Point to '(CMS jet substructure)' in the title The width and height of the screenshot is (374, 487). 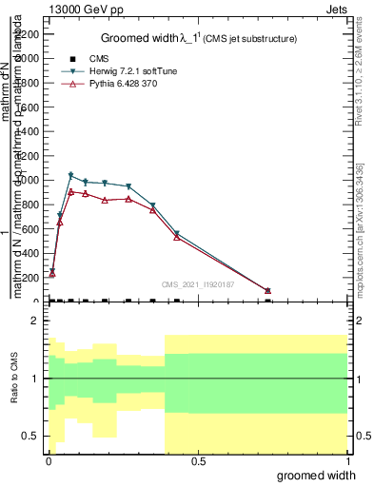(255, 39)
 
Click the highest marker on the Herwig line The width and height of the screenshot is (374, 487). (70, 175)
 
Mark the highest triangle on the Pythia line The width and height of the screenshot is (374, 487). (70, 191)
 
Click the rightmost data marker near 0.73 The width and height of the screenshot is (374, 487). (267, 290)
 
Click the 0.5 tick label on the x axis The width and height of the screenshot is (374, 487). (198, 461)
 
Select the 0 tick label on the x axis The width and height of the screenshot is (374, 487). (49, 461)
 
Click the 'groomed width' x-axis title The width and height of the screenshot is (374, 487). (321, 475)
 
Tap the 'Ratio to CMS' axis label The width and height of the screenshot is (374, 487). (14, 378)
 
